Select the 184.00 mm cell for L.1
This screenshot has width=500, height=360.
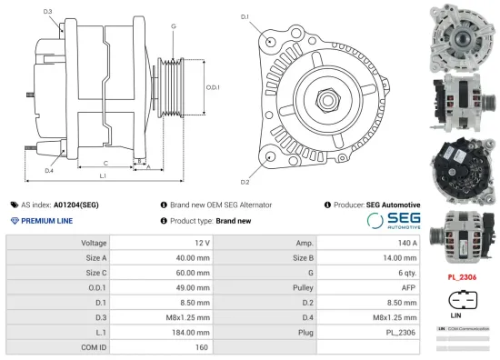pos(194,333)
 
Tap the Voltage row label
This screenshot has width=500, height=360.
pos(94,244)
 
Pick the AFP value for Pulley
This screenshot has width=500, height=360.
pos(408,288)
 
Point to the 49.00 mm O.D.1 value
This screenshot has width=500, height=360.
pos(192,288)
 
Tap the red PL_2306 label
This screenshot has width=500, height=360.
pos(463,276)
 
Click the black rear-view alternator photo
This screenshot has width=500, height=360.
pos(463,166)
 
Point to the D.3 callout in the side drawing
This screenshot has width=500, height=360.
pos(47,11)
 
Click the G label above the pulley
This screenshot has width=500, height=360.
pos(173,27)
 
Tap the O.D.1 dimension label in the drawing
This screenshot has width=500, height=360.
pos(211,87)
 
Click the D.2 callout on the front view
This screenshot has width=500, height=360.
pos(245,182)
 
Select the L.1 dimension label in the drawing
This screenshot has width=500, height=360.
pos(103,175)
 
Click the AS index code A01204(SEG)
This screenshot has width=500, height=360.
pos(76,205)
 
